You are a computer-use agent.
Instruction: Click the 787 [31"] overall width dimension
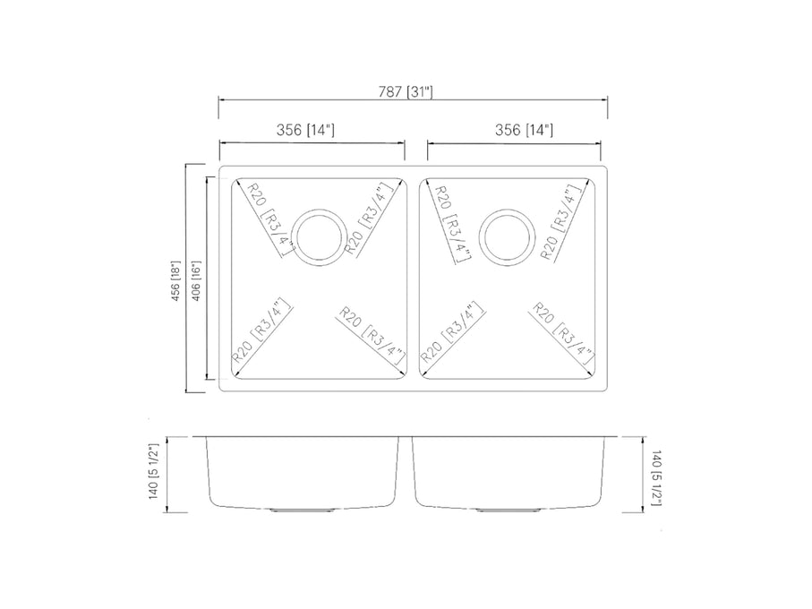click(x=405, y=91)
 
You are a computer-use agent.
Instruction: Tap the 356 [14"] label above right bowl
click(x=524, y=130)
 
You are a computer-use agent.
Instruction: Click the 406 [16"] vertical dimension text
click(x=196, y=279)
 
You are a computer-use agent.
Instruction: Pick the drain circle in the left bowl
click(x=318, y=236)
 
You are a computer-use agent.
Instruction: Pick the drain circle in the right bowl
click(x=508, y=238)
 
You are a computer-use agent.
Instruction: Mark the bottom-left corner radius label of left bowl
click(x=261, y=329)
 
